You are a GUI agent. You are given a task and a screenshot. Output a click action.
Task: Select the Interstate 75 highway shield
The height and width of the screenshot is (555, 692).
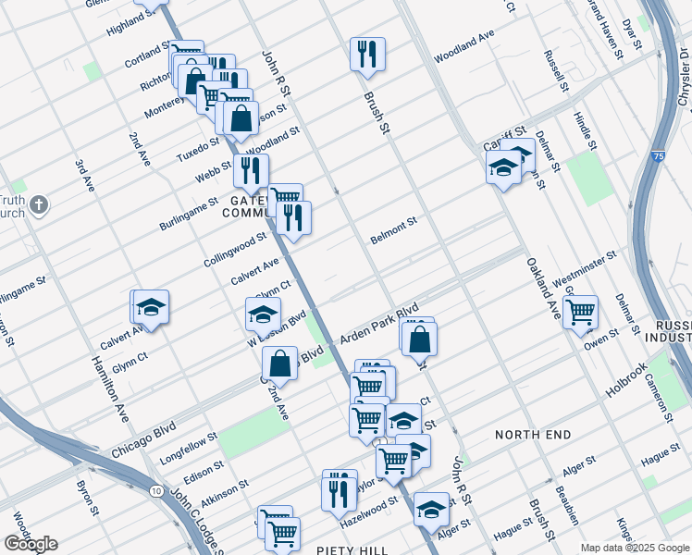(656, 157)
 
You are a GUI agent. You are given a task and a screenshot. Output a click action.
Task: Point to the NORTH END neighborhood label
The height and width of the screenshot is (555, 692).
(537, 434)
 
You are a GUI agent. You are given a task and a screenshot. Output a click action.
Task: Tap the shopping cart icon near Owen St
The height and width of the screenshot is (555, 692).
(580, 312)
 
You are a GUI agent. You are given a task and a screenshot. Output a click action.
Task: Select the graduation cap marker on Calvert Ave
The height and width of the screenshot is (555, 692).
(151, 306)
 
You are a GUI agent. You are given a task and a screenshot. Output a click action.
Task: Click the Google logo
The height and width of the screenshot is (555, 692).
(31, 544)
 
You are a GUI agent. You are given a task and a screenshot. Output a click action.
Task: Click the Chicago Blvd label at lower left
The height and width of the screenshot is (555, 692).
(143, 440)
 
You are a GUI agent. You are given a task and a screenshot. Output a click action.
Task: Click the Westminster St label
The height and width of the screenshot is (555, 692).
(584, 269)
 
